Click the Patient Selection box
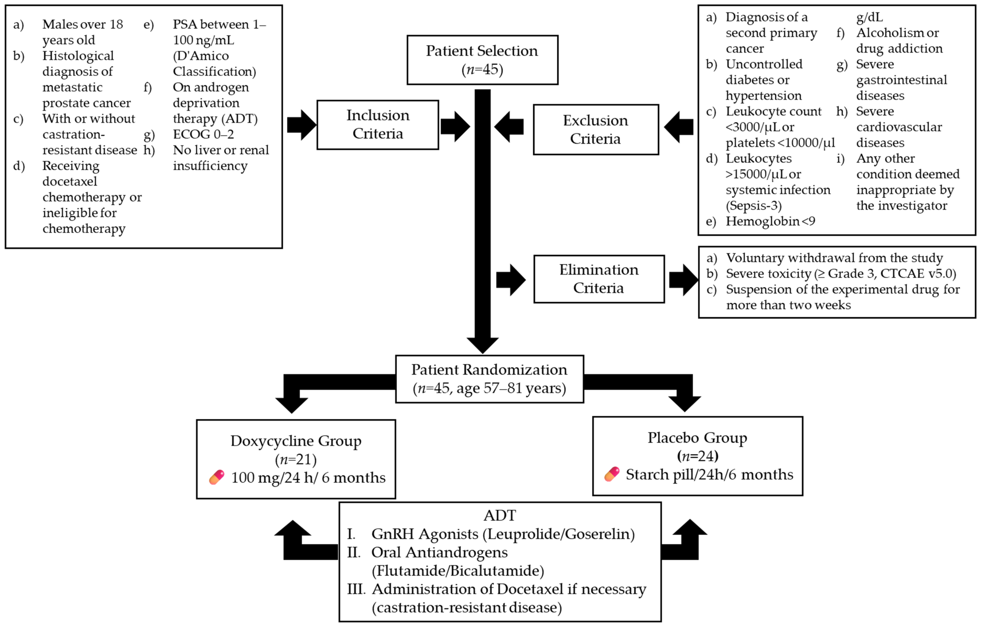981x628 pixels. click(482, 60)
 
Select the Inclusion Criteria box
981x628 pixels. click(377, 124)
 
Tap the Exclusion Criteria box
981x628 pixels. click(595, 129)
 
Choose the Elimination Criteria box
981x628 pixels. click(599, 279)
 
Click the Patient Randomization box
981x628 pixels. click(489, 379)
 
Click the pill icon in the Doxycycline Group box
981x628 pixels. click(217, 477)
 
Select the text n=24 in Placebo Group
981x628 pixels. click(697, 456)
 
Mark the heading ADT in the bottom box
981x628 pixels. click(499, 515)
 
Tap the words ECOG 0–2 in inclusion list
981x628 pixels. click(203, 134)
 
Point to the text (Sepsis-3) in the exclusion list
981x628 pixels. click(753, 205)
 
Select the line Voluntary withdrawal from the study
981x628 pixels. click(834, 258)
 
